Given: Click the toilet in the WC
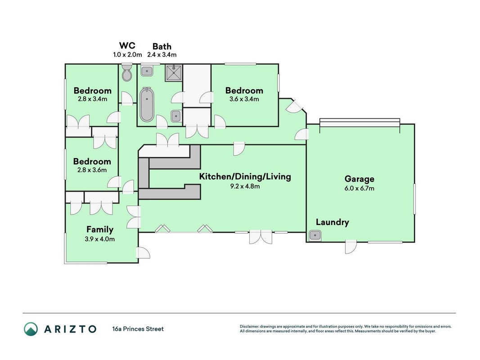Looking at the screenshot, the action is click(x=127, y=72).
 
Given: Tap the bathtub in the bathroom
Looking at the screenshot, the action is click(x=147, y=105).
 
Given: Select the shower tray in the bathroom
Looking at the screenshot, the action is click(x=174, y=73).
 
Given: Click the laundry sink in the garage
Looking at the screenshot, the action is click(x=315, y=235).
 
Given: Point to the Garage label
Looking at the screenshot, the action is click(x=359, y=179).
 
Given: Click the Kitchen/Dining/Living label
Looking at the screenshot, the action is click(x=245, y=177).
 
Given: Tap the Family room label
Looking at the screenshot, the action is click(x=100, y=229).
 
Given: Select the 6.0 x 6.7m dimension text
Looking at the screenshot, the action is click(x=359, y=188).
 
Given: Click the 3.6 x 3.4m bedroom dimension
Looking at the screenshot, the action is click(x=244, y=99).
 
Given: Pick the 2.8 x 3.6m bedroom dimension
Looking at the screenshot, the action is click(x=92, y=170).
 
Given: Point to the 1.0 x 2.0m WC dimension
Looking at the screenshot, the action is click(x=127, y=55).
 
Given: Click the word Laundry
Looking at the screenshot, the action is click(x=332, y=222).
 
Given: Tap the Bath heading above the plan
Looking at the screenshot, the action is click(x=162, y=46).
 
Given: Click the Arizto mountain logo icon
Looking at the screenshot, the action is click(x=31, y=329).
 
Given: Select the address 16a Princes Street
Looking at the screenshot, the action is click(x=138, y=329).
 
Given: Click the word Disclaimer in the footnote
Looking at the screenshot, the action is click(x=249, y=327).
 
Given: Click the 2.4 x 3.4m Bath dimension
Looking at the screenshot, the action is click(x=162, y=55).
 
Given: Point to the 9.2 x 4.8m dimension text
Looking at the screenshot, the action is click(x=245, y=186).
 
